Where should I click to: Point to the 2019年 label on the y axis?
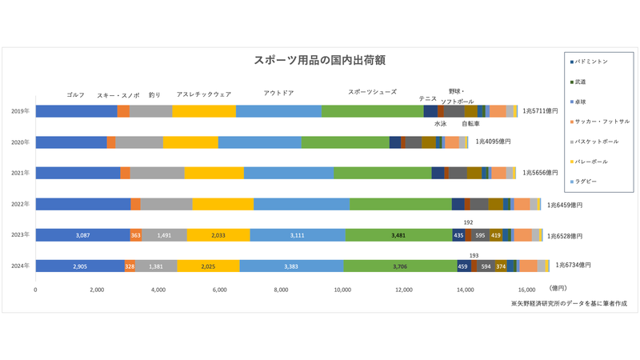pyautogui.click(x=21, y=111)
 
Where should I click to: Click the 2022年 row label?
pyautogui.click(x=21, y=204)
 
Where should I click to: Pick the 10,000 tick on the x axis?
pyautogui.click(x=342, y=289)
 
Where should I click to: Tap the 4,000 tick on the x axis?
pyautogui.click(x=158, y=289)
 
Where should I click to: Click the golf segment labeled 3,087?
pyautogui.click(x=82, y=235)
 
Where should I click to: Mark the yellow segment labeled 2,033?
pyautogui.click(x=218, y=235)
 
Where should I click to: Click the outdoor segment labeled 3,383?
pyautogui.click(x=291, y=266)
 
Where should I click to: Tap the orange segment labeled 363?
pyautogui.click(x=136, y=235)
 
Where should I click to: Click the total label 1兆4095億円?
pyautogui.click(x=493, y=142)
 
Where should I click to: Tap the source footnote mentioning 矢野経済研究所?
pyautogui.click(x=569, y=304)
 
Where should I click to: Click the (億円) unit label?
pyautogui.click(x=560, y=288)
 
